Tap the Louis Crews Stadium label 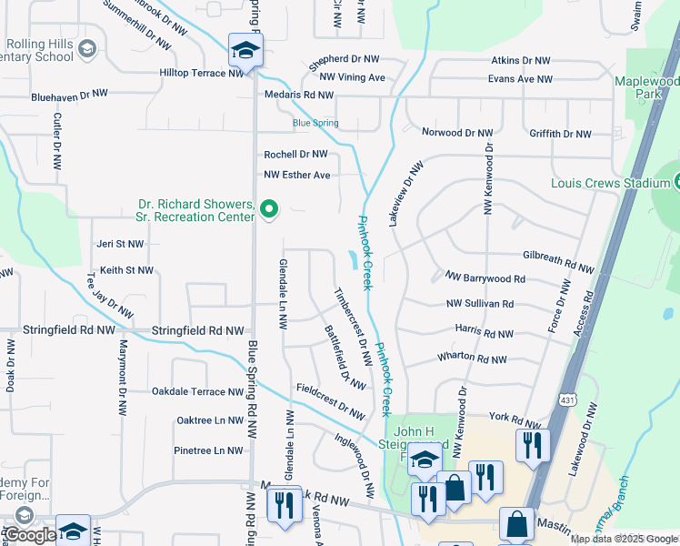(610, 183)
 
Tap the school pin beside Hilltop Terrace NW (245, 52)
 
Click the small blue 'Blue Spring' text (315, 123)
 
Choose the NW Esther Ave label (297, 175)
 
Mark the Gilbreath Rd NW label (558, 261)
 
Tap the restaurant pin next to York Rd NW (531, 445)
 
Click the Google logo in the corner (29, 535)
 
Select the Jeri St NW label (120, 244)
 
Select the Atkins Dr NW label (521, 60)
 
